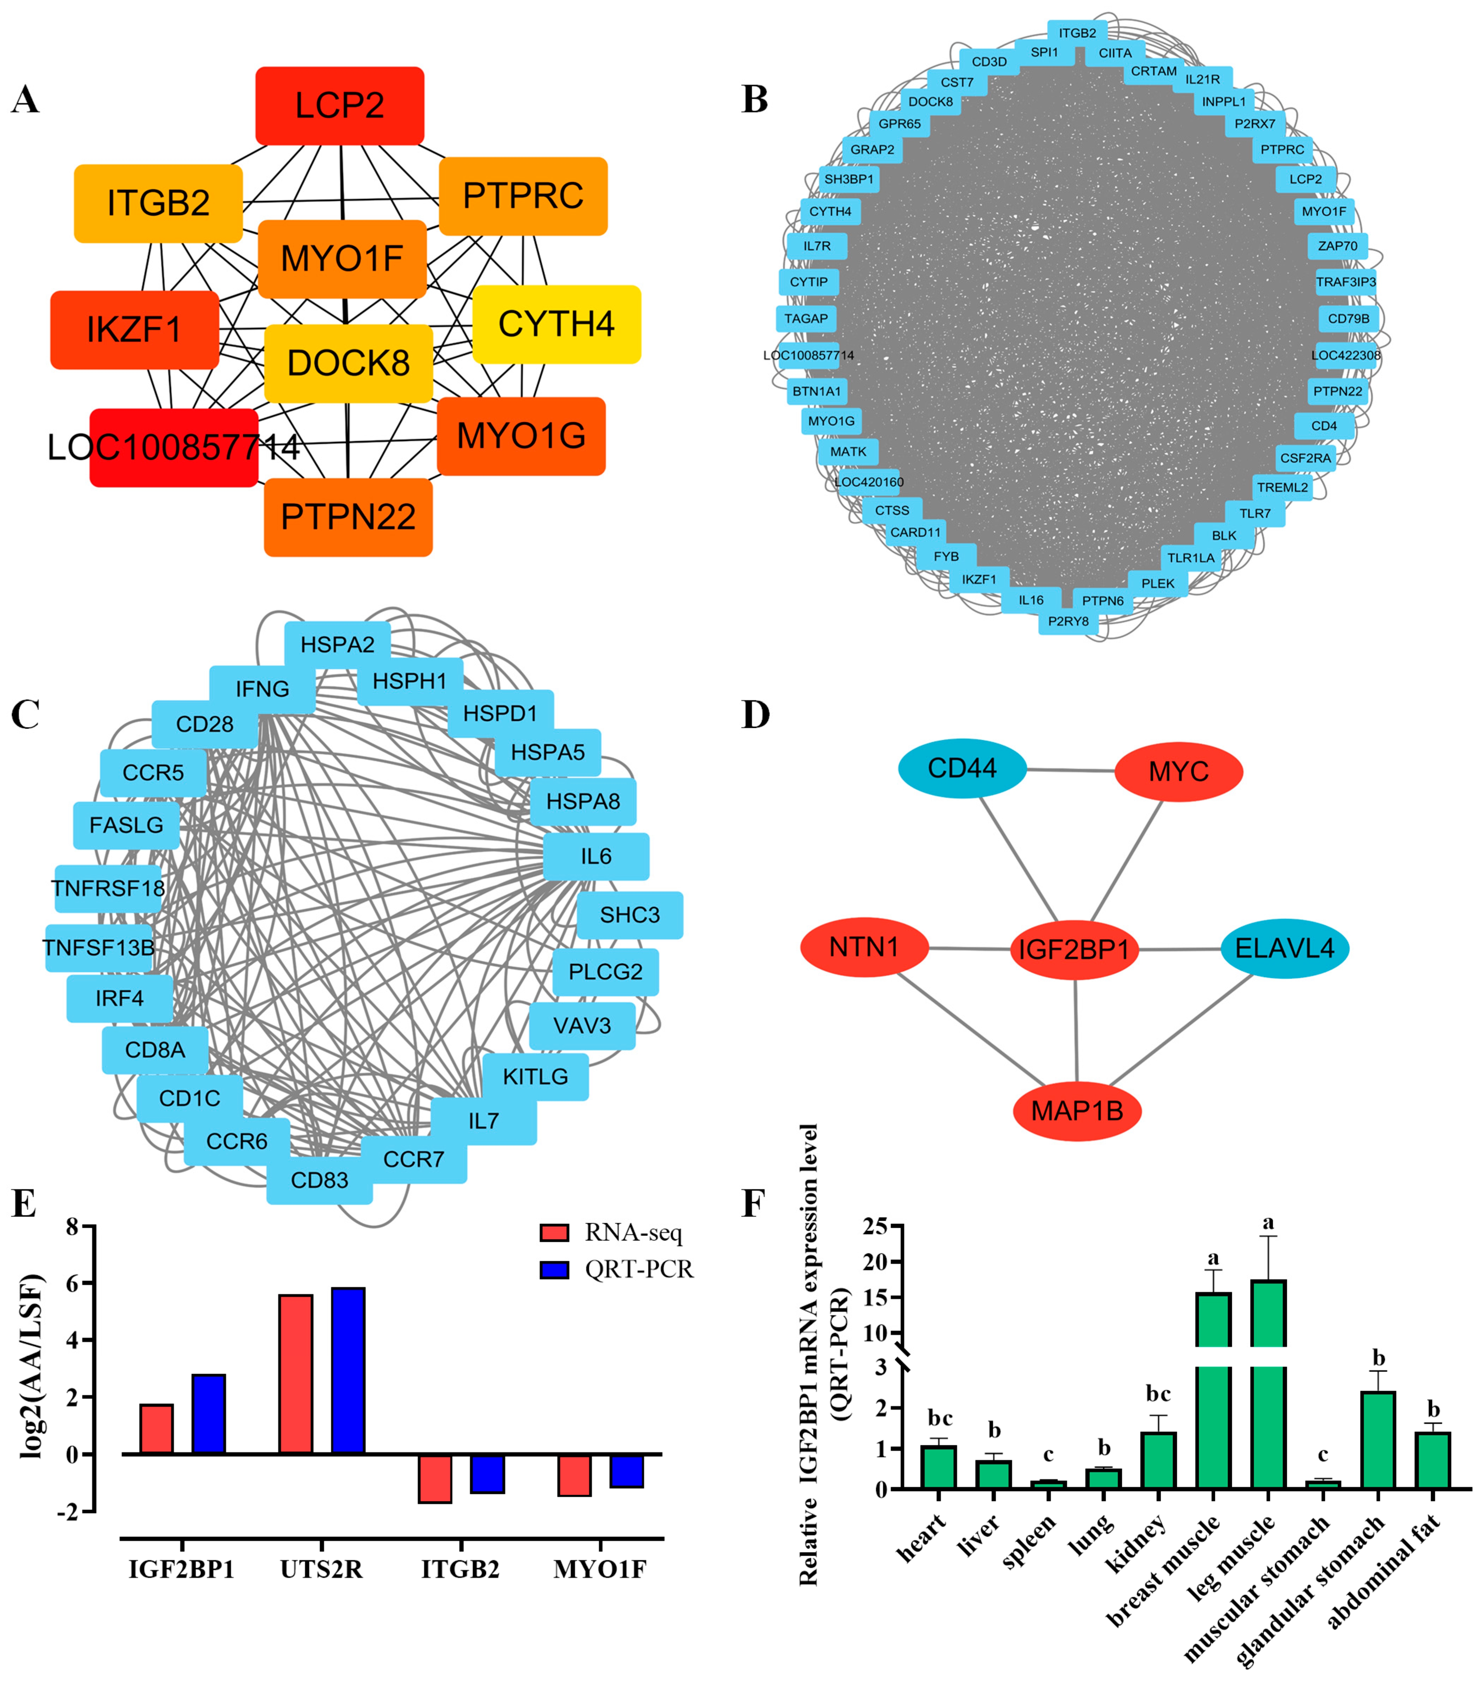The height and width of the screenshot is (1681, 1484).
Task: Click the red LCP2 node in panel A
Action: point(340,105)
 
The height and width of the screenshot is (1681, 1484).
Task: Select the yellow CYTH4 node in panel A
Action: point(556,324)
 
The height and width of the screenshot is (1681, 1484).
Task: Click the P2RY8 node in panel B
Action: point(1068,621)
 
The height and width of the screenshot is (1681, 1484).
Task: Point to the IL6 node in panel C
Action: point(596,856)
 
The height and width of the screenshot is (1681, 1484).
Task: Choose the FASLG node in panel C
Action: point(127,825)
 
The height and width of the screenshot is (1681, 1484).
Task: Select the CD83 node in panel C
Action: point(319,1180)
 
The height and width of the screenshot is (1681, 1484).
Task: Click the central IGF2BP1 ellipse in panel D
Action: point(1074,950)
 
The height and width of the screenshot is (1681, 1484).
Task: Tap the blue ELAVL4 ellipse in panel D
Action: point(1284,948)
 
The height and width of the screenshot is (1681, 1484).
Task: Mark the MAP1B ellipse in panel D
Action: point(1077,1111)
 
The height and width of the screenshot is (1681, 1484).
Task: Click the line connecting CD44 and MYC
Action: point(1071,771)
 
